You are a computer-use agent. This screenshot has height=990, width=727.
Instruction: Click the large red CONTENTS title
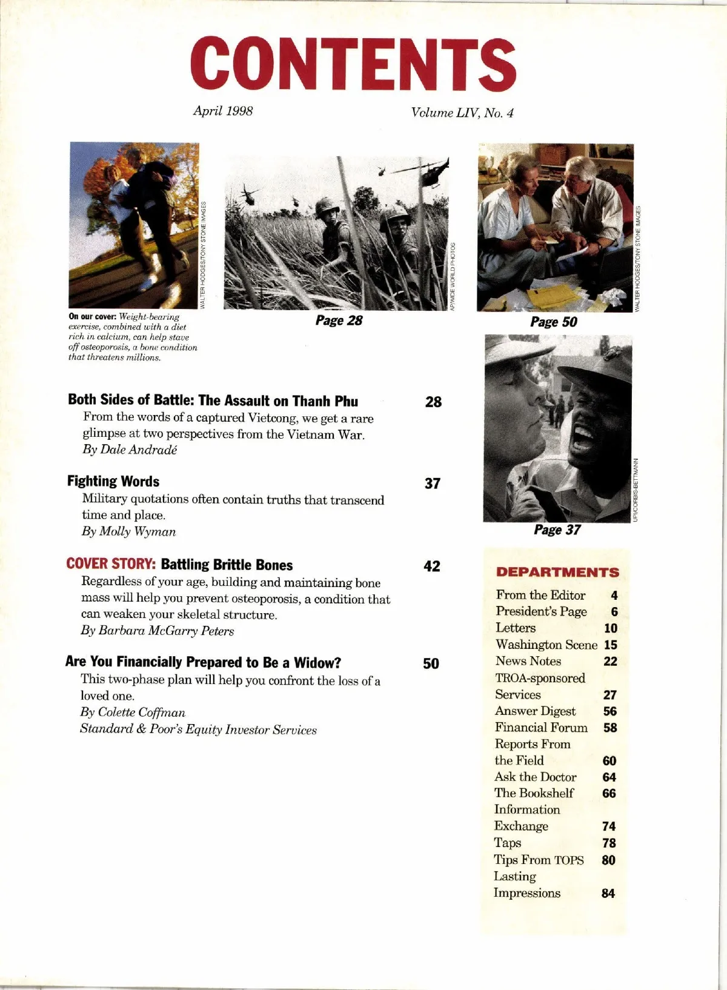pyautogui.click(x=353, y=64)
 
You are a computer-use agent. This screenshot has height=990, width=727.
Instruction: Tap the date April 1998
pyautogui.click(x=223, y=111)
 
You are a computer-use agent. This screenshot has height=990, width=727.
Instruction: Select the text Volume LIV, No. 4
pyautogui.click(x=462, y=113)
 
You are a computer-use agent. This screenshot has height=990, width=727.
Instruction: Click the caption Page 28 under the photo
pyautogui.click(x=339, y=321)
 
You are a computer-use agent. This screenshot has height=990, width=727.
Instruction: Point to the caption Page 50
pyautogui.click(x=554, y=322)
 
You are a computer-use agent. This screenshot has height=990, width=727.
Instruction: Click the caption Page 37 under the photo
pyautogui.click(x=557, y=530)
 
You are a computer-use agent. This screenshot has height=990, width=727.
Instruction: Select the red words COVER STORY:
pyautogui.click(x=111, y=564)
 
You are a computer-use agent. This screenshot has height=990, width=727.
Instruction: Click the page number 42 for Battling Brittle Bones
pyautogui.click(x=432, y=566)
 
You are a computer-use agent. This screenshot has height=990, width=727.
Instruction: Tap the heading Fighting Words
pyautogui.click(x=113, y=482)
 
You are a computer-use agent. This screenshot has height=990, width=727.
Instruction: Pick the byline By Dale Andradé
pyautogui.click(x=130, y=450)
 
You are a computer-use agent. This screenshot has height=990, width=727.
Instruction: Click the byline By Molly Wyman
pyautogui.click(x=129, y=531)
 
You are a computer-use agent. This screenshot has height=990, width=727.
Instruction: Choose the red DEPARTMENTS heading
pyautogui.click(x=557, y=573)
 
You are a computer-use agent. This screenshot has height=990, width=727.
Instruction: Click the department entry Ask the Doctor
pyautogui.click(x=536, y=777)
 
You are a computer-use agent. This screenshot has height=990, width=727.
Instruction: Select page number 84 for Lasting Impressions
pyautogui.click(x=608, y=893)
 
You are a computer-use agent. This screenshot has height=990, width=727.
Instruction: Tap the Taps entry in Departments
pyautogui.click(x=508, y=843)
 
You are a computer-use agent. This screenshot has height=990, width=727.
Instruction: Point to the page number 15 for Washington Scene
pyautogui.click(x=611, y=645)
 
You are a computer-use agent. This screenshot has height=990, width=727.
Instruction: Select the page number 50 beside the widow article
pyautogui.click(x=431, y=663)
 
